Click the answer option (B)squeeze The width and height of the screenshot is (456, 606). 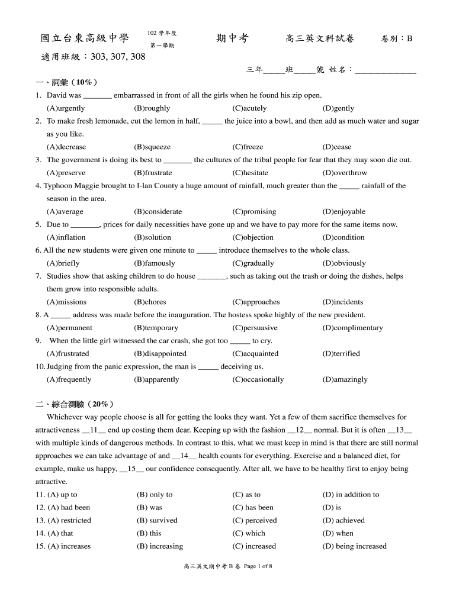pos(152,147)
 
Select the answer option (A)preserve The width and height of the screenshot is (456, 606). pos(66,173)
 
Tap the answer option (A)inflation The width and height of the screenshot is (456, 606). pos(66,237)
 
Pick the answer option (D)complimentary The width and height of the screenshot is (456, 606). pos(352,328)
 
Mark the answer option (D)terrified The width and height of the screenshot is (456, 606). pos(341,353)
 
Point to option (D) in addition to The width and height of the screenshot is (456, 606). pos(351,495)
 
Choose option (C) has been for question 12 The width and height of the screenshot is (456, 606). pos(253,508)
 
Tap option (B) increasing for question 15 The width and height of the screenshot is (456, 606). pos(159,546)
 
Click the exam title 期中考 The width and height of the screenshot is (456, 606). pos(232,39)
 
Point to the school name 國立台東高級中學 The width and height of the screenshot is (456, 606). pos(84,39)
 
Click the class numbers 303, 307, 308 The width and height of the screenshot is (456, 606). pos(118,57)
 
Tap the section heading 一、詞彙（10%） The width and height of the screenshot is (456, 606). pos(66,82)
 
